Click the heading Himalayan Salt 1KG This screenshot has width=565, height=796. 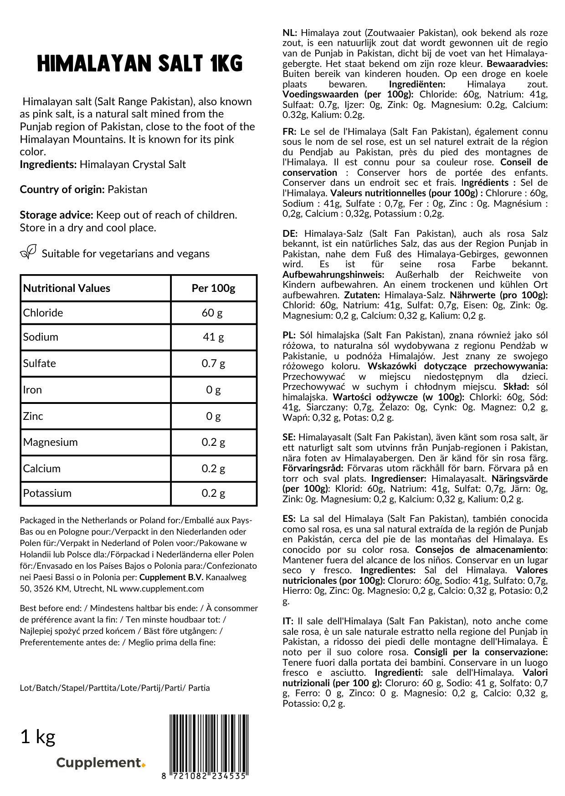(139, 64)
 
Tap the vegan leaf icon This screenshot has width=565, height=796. (28, 252)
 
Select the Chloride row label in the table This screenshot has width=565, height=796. (43, 313)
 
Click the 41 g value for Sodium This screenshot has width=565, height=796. (213, 337)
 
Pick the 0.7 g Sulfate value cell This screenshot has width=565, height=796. (213, 363)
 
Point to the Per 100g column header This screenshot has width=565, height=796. (213, 288)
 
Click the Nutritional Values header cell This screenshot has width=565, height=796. (67, 288)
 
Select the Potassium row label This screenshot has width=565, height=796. (47, 493)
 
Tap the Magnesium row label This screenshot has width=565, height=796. (51, 442)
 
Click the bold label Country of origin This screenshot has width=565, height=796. (62, 189)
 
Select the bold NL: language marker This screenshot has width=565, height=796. (290, 33)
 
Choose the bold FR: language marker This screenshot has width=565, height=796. (289, 132)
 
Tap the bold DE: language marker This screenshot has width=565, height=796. (290, 234)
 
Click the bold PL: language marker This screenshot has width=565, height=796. (289, 336)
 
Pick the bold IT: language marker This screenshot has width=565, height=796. (288, 621)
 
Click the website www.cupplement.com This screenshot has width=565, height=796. (162, 589)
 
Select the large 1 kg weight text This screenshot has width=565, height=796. (38, 736)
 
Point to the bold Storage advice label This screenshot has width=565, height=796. (56, 215)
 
